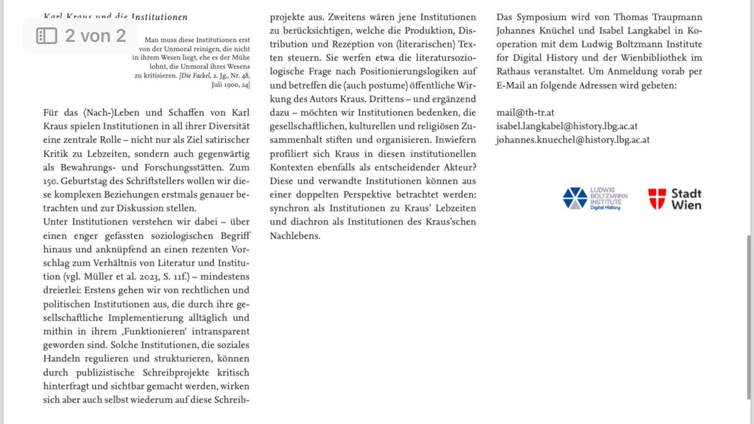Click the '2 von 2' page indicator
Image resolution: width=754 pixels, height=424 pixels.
tap(95, 36)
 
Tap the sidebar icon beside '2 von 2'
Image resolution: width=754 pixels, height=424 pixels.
tap(46, 36)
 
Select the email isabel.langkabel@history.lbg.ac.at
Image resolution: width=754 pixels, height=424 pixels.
tap(566, 126)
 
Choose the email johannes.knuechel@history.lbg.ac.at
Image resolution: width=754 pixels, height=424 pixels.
tap(572, 139)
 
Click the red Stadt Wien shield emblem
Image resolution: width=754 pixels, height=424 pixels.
tap(657, 198)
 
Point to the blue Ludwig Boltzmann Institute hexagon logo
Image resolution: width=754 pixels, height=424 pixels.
tap(575, 198)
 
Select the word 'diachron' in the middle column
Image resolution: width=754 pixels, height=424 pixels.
tap(288, 222)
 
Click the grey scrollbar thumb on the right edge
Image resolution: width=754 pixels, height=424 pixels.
tap(748, 317)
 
